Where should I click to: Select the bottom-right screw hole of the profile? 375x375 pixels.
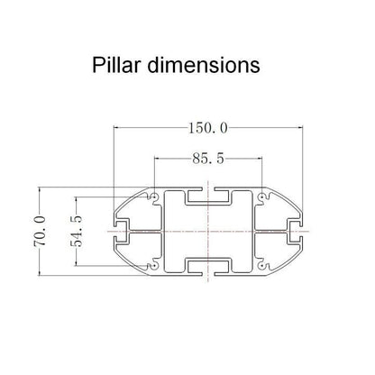(262, 267)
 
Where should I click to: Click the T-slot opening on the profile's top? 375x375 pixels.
(209, 193)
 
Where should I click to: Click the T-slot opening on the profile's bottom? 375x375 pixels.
(209, 270)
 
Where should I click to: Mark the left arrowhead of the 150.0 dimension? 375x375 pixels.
(117, 128)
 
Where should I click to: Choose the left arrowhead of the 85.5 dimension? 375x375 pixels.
(158, 160)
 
